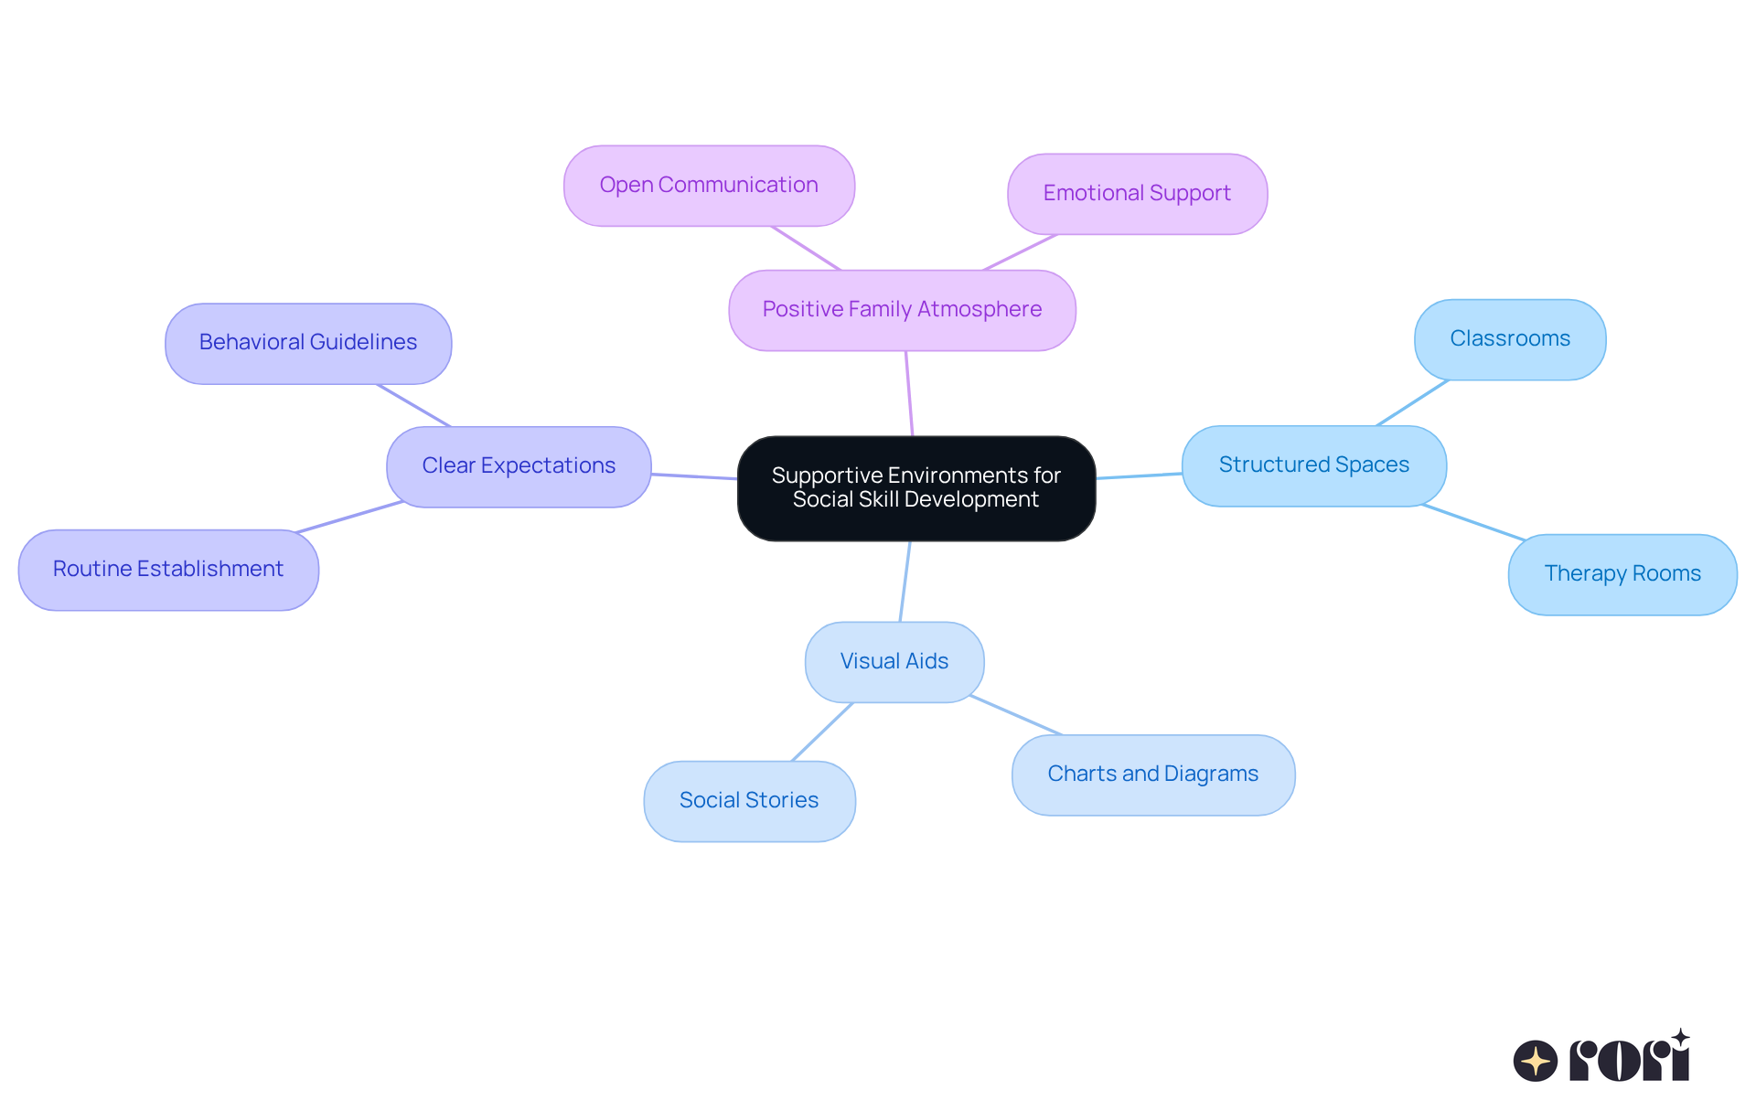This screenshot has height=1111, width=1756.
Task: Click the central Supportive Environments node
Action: pos(915,487)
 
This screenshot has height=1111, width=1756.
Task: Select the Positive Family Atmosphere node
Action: pos(902,310)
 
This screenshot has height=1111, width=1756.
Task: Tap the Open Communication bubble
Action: pos(709,186)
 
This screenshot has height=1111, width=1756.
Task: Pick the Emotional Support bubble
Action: pos(1137,194)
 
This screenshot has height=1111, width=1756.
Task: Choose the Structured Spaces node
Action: pos(1313,465)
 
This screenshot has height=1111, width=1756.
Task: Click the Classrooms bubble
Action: pos(1509,339)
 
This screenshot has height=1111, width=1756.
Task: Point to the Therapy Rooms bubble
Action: pos(1622,574)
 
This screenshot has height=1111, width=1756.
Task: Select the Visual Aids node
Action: pos(894,662)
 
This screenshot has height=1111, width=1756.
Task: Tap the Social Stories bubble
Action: pos(749,801)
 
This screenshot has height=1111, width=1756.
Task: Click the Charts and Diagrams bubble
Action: pos(1152,774)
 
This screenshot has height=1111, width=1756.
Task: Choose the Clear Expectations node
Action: pos(519,466)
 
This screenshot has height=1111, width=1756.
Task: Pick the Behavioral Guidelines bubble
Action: pos(308,343)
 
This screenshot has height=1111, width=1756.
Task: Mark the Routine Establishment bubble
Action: pos(168,570)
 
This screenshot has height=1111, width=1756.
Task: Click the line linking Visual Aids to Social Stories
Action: pos(821,732)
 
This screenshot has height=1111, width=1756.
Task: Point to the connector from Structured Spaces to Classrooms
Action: pos(1412,403)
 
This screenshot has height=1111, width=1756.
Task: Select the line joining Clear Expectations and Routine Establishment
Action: pos(349,517)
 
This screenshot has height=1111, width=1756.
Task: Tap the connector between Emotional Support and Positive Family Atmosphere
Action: pos(1020,252)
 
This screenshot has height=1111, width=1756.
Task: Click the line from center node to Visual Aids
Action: pos(905,582)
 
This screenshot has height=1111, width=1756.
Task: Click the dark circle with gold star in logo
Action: pos(1535,1061)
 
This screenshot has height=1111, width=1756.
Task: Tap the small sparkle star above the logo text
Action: pos(1680,1038)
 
